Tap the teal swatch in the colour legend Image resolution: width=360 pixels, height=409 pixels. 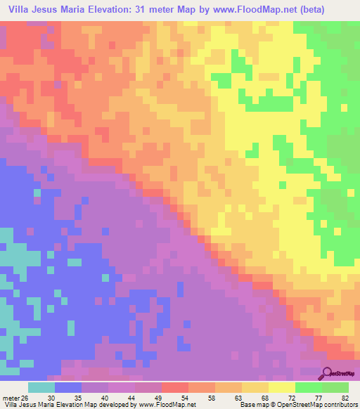[x=41, y=387]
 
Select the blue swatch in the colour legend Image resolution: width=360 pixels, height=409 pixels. [x=68, y=387]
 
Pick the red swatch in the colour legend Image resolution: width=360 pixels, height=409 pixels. [x=175, y=387]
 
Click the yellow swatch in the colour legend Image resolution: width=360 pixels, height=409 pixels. [x=282, y=387]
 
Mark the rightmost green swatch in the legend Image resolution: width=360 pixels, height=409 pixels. [x=335, y=387]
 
